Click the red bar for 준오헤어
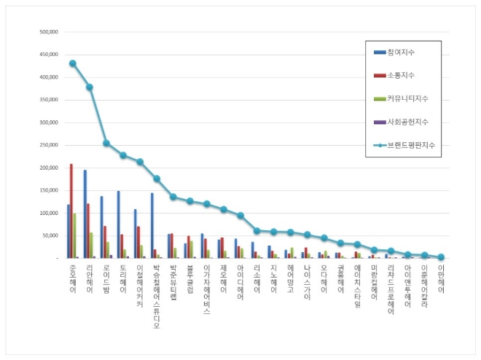tap(71, 211)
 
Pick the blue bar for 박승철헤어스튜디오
tap(152, 226)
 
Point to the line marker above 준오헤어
tap(72, 63)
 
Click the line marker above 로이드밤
tap(106, 143)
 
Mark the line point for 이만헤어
tap(441, 257)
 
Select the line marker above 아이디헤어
tap(240, 216)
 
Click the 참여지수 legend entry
tap(401, 52)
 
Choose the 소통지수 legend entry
tap(401, 75)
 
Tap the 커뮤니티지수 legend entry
tap(404, 98)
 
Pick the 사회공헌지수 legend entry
tap(404, 122)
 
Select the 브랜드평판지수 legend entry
tap(407, 145)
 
